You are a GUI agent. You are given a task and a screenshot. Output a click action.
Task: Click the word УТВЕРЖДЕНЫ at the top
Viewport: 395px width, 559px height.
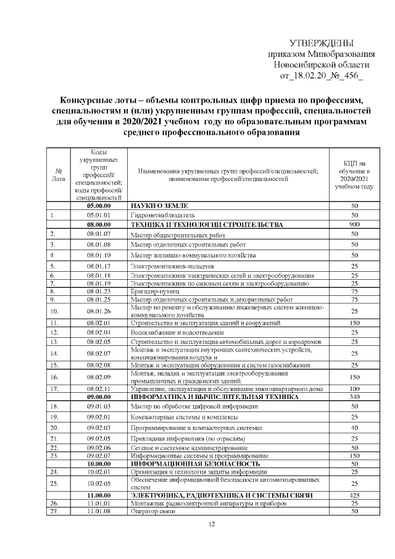point(322,43)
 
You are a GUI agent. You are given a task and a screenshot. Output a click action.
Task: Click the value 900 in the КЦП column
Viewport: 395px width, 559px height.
point(354,225)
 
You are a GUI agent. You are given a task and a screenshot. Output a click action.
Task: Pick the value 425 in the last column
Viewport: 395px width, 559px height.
point(354,495)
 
